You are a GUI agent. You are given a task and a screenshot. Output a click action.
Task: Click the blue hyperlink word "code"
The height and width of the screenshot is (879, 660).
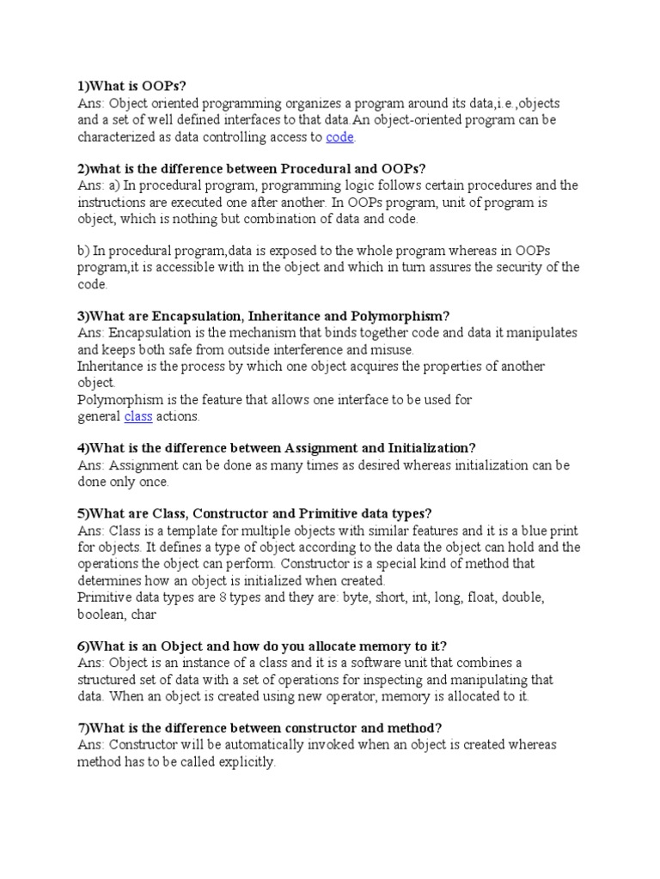(340, 137)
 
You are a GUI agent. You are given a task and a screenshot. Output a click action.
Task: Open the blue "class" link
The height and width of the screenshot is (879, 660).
(138, 416)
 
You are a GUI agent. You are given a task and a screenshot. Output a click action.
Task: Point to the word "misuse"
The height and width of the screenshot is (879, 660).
(391, 349)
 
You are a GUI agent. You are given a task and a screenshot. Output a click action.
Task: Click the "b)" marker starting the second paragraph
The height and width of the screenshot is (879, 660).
(83, 250)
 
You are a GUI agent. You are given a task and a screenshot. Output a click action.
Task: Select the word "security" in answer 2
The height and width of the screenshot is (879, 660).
(508, 267)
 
